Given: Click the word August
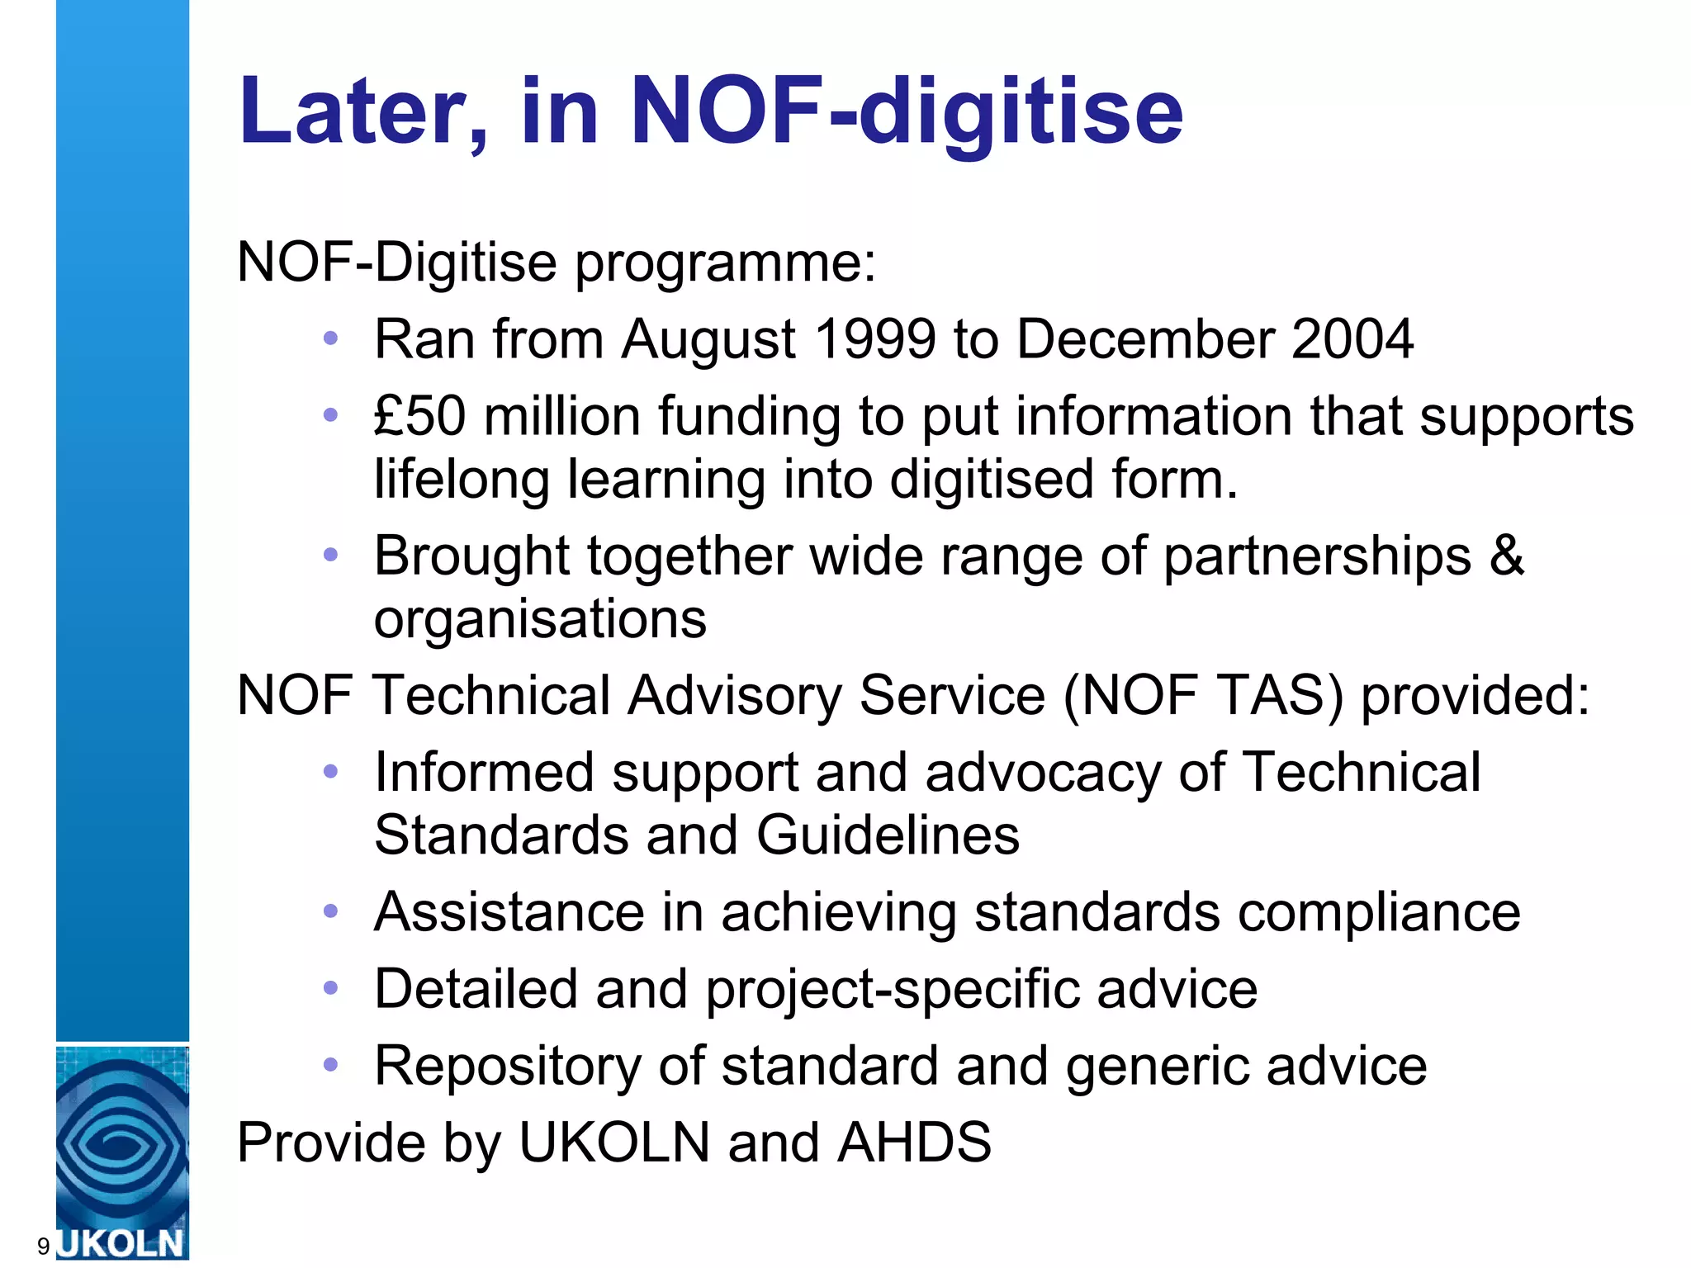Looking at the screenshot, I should tap(708, 341).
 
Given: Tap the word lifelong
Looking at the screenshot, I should tap(462, 480).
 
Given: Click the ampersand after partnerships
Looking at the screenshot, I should tap(1506, 555).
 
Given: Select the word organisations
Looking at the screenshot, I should tap(540, 618).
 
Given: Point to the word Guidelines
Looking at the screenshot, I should tap(888, 835).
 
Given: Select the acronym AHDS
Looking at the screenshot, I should tap(914, 1143).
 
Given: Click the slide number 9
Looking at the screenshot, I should tap(43, 1247).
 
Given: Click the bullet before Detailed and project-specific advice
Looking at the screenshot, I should tap(331, 988).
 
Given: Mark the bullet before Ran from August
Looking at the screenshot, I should tap(331, 338).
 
